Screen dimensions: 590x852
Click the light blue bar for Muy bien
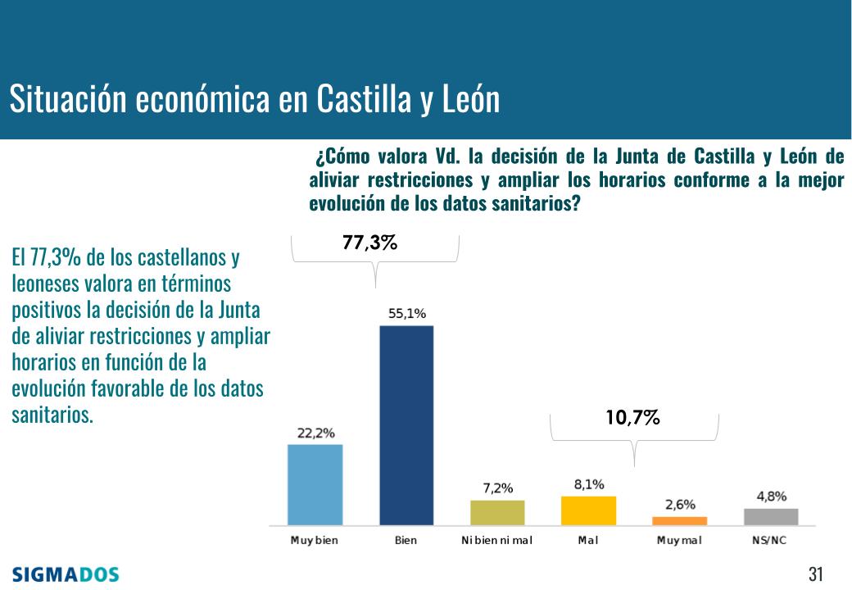point(315,484)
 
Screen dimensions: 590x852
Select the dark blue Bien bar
point(406,424)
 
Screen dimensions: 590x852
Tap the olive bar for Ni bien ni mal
point(497,512)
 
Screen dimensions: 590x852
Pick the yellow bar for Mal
point(588,510)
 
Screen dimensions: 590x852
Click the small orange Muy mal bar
point(679,520)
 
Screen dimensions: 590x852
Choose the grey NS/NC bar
point(770,516)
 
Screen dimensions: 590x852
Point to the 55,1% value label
point(406,314)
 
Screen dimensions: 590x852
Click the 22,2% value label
point(315,433)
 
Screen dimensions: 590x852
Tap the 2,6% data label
point(680,505)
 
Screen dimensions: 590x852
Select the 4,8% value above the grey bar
point(770,496)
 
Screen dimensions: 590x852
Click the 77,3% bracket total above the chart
point(370,243)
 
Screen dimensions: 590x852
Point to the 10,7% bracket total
point(633,419)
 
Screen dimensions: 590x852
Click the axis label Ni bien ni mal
point(497,541)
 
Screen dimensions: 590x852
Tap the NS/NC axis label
point(770,541)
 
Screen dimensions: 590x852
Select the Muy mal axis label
point(679,541)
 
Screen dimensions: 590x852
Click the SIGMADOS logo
point(66,573)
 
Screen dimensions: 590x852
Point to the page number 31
point(815,573)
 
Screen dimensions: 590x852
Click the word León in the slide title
point(470,100)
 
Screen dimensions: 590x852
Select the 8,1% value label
point(588,484)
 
